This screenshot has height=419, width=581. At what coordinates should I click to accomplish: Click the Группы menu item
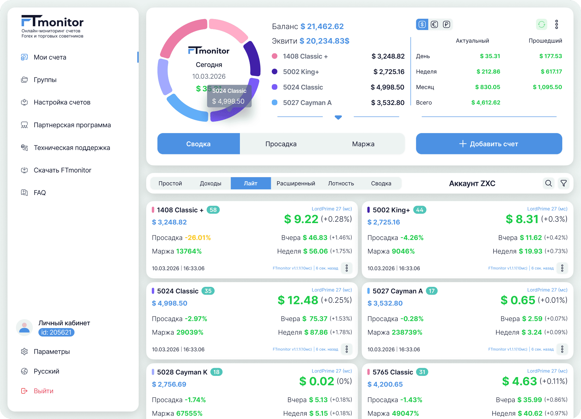(x=45, y=80)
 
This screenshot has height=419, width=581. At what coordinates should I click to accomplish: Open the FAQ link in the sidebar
(x=40, y=193)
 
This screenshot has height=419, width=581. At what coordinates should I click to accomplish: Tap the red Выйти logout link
(x=43, y=391)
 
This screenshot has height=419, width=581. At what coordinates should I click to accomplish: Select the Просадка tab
(x=281, y=144)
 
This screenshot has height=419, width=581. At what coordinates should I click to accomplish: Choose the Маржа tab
(x=363, y=144)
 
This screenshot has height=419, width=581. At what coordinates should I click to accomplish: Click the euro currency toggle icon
(x=434, y=24)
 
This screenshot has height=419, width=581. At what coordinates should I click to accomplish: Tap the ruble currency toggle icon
(x=446, y=24)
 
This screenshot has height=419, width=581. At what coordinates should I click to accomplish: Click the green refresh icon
(x=542, y=24)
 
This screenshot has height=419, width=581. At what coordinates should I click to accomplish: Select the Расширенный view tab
(x=296, y=183)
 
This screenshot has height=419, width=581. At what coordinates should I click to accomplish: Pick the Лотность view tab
(x=341, y=183)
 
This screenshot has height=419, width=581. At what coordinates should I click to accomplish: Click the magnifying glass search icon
(x=549, y=183)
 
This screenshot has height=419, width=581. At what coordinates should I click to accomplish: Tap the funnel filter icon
(x=564, y=183)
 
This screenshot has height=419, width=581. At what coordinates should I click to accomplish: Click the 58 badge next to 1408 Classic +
(x=213, y=210)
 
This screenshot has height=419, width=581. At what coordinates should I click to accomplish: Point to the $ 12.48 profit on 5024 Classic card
(x=298, y=300)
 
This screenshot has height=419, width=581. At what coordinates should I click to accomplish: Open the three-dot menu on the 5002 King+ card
(x=562, y=268)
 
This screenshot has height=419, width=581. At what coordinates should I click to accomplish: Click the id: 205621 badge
(x=56, y=332)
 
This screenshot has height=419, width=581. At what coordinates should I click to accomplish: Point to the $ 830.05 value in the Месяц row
(x=488, y=87)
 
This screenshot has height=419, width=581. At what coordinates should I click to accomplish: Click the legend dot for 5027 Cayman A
(x=275, y=102)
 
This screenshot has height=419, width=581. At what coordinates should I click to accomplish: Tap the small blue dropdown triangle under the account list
(x=338, y=117)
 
